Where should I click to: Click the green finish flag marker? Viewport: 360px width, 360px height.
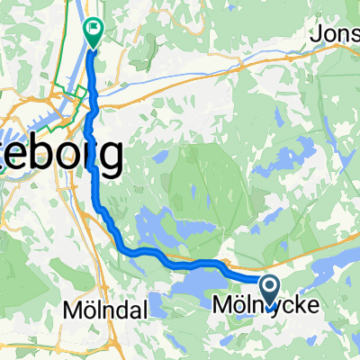[93, 31]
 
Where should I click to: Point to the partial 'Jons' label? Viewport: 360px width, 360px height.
[334, 33]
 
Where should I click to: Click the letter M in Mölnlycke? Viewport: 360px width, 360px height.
[220, 307]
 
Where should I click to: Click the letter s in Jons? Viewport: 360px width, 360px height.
[352, 34]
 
